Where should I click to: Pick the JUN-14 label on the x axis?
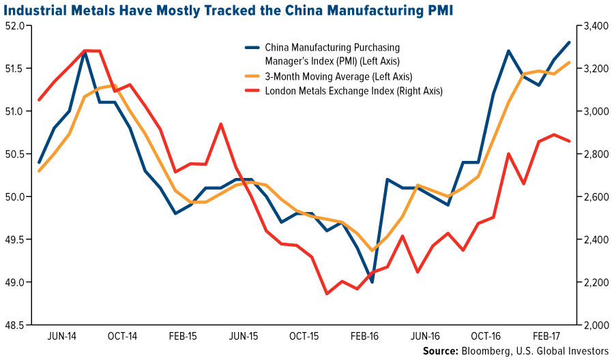click(63, 336)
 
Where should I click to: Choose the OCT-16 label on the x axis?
click(486, 336)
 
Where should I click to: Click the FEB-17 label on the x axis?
click(546, 336)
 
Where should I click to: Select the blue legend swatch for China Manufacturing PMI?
click(252, 48)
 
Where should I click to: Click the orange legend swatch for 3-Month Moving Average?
click(252, 76)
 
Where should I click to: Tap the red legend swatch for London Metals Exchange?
click(252, 90)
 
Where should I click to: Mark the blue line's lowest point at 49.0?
click(372, 282)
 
